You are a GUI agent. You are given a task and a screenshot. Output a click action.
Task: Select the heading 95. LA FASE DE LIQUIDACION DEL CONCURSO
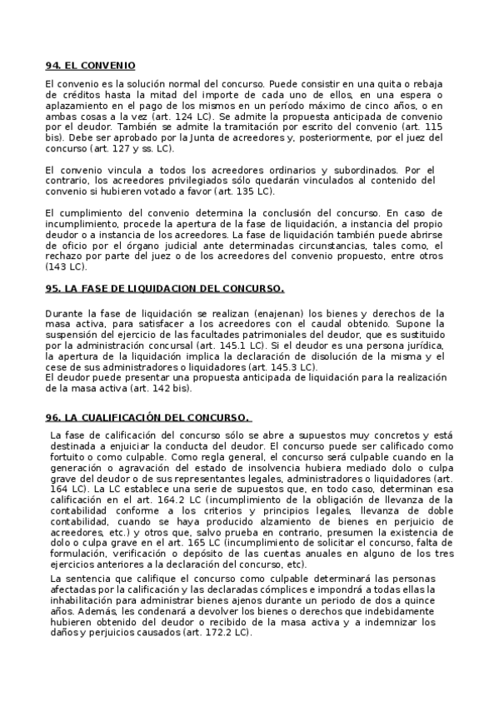coord(165,289)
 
